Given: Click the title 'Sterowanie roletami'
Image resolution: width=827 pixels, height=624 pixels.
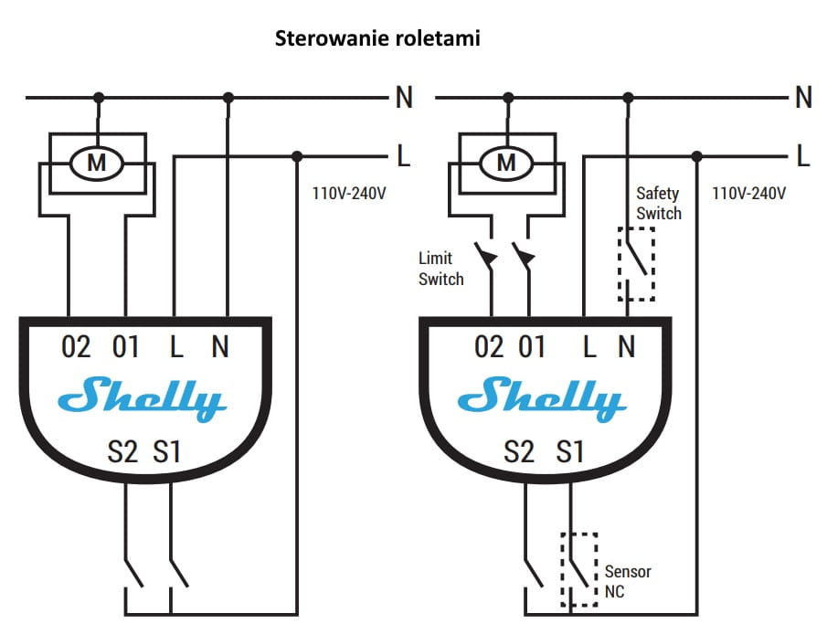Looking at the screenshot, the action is point(377,38).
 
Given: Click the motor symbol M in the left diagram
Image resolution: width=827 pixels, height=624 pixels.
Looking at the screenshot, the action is point(97,163).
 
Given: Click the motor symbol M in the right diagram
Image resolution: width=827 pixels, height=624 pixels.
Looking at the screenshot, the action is point(506,163).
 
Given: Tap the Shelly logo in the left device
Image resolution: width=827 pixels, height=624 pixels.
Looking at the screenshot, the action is point(142,398).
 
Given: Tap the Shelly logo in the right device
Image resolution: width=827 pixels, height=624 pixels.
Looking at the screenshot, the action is point(542,398).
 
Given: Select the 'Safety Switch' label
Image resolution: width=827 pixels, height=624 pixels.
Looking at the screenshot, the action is point(658,203).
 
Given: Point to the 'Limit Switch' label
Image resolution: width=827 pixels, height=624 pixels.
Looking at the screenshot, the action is point(441,269).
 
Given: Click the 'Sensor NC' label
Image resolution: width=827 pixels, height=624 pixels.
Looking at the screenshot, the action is point(628,581).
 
